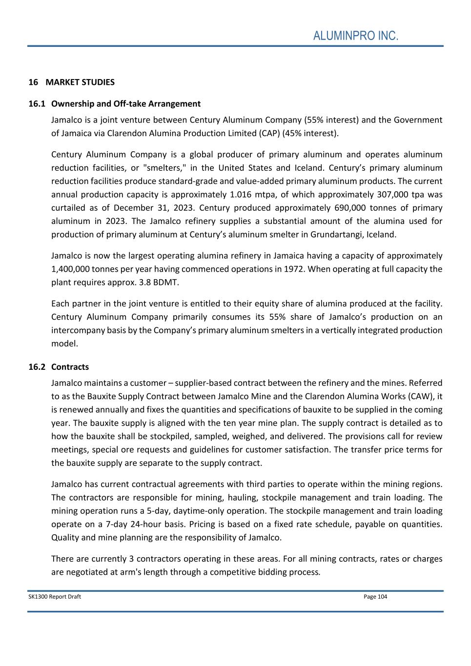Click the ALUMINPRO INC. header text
click(x=356, y=36)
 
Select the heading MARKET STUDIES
click(x=80, y=82)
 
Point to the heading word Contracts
click(x=70, y=366)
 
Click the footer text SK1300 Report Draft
click(x=55, y=597)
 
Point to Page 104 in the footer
click(x=375, y=597)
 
